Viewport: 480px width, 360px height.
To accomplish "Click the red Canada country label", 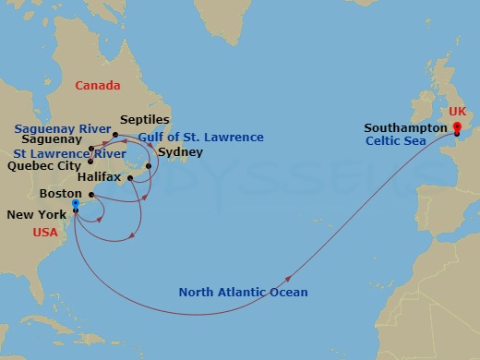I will coord(98,86).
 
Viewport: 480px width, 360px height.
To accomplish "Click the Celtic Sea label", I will coord(395,141).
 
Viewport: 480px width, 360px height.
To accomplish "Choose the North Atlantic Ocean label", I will coord(243,293).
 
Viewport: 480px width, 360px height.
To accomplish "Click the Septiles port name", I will coord(143,121).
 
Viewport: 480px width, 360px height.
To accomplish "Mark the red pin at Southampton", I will coord(457,127).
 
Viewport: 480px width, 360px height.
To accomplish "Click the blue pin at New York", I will coord(76,205).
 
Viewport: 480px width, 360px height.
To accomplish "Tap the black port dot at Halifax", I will coord(130,178).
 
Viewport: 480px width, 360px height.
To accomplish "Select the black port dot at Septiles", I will coord(115,135).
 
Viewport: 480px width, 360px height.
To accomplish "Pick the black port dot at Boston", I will coord(90,195).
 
